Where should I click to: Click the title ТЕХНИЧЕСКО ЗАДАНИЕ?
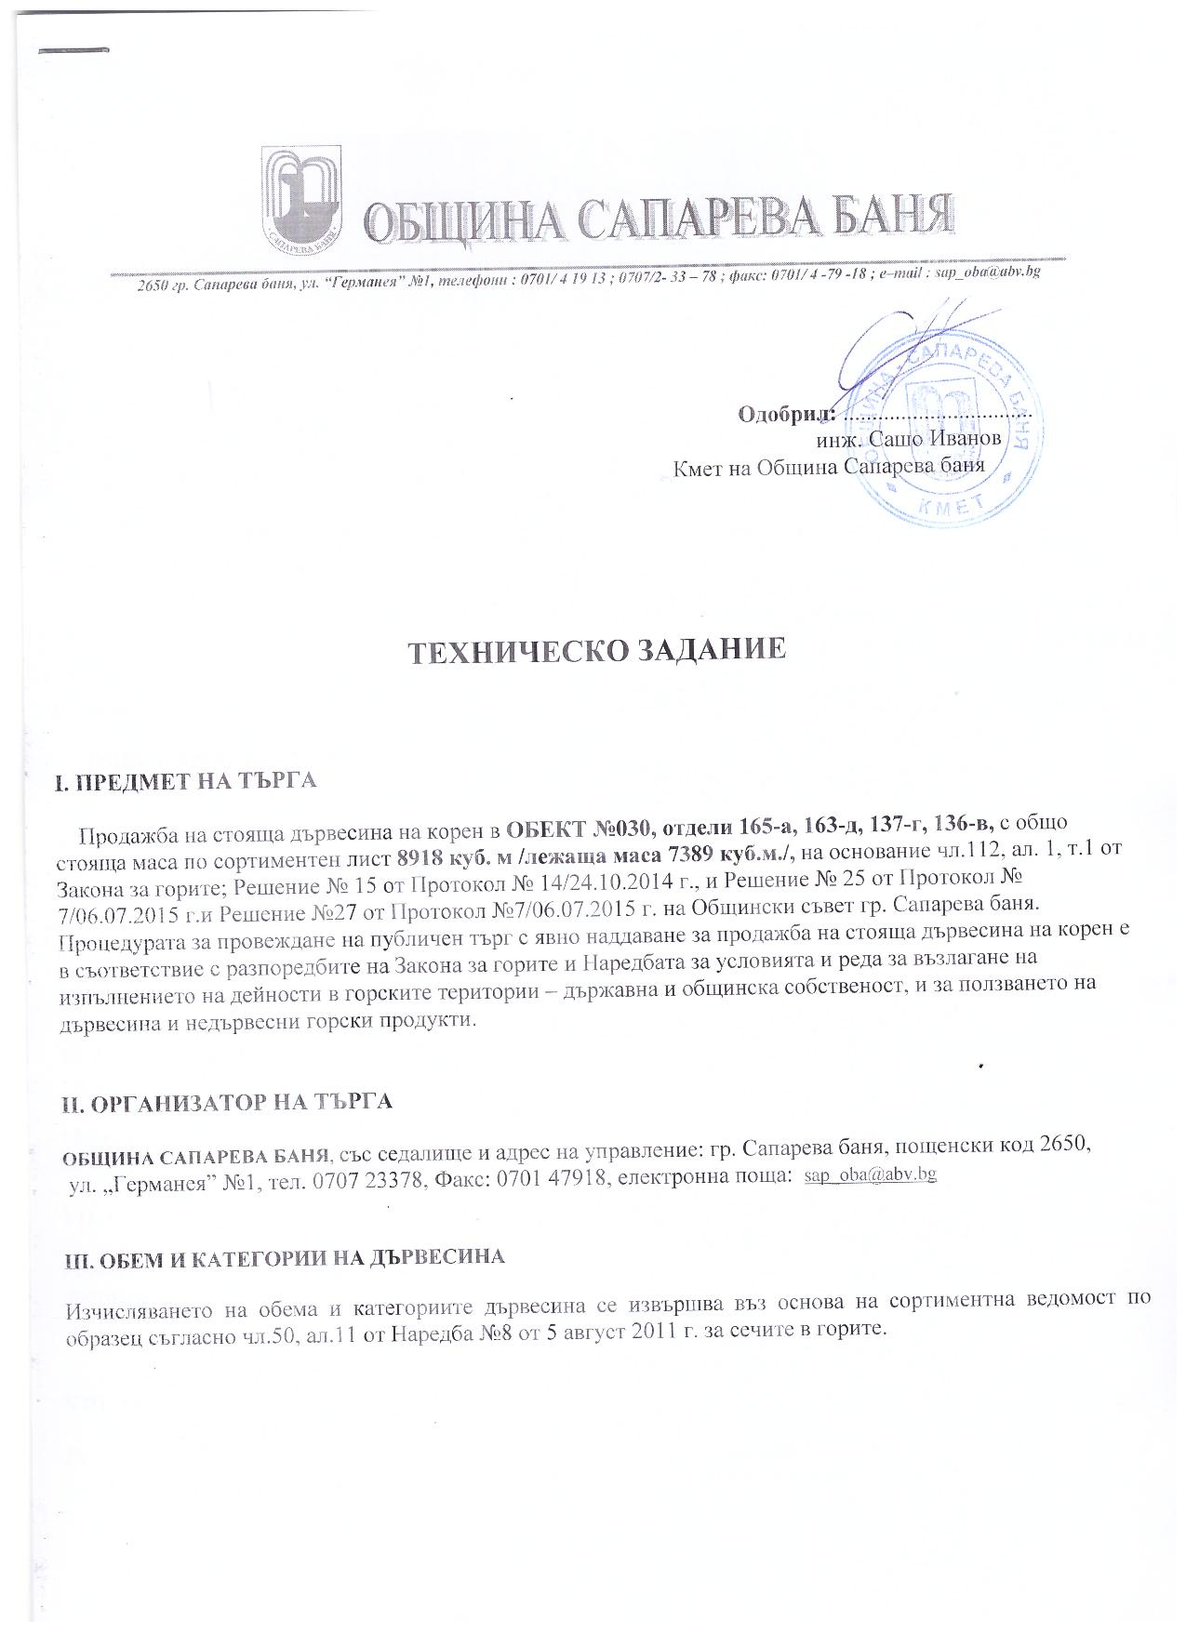(x=598, y=651)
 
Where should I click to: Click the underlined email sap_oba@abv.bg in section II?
(x=870, y=1175)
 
